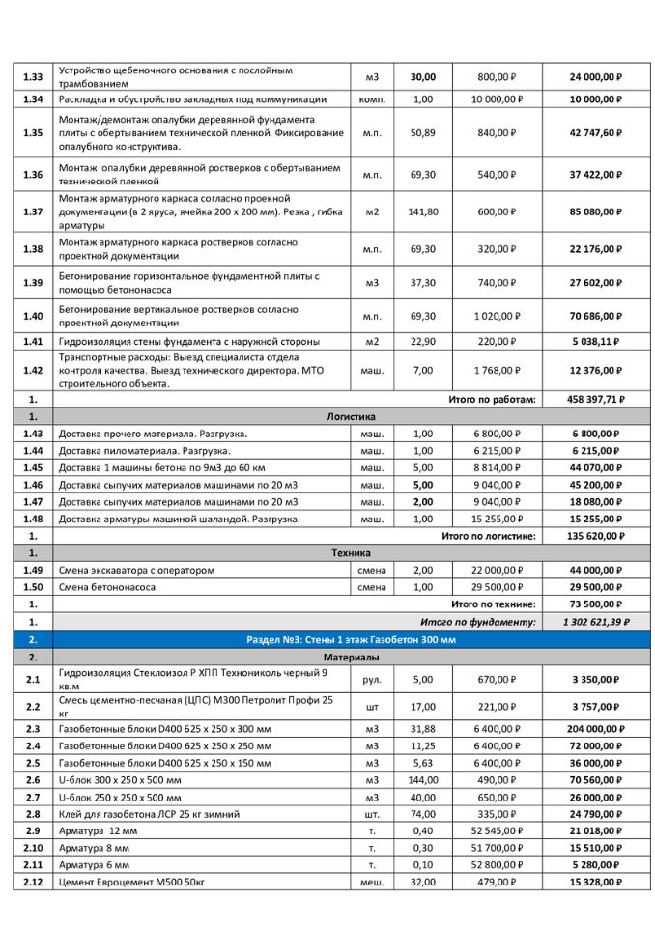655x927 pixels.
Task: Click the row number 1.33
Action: [32, 77]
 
